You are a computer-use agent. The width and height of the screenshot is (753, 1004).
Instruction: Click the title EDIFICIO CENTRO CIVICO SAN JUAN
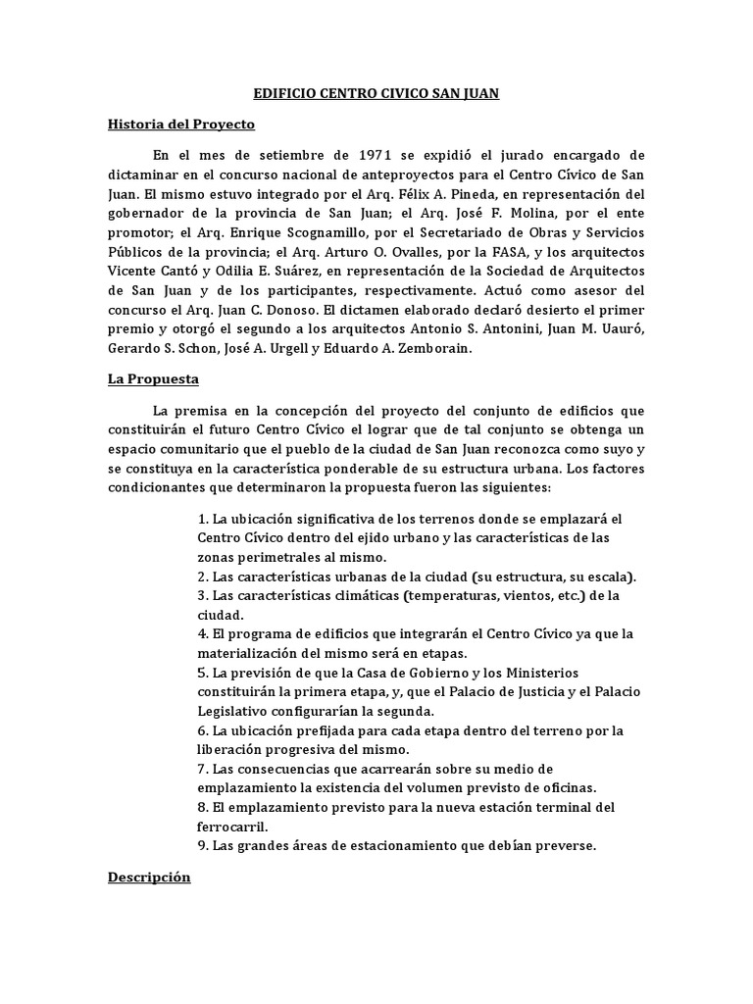[376, 94]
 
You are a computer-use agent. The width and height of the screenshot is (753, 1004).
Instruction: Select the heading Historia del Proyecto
[180, 125]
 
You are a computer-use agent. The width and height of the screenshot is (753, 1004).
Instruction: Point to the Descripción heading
[148, 878]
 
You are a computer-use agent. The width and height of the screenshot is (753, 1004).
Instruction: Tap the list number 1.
[201, 519]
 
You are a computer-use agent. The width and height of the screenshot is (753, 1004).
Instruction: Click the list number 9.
[201, 845]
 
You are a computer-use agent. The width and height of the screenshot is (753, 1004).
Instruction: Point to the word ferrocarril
[233, 826]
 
